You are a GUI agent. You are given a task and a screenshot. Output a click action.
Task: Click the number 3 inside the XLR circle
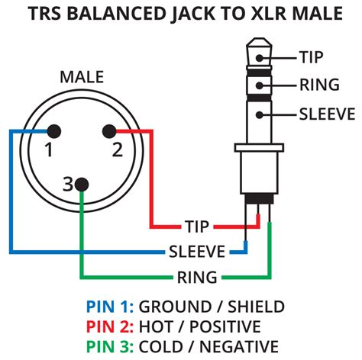pyautogui.click(x=67, y=184)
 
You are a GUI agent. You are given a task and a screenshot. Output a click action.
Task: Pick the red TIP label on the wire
pyautogui.click(x=196, y=227)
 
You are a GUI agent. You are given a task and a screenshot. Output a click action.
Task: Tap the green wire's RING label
pyautogui.click(x=197, y=276)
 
